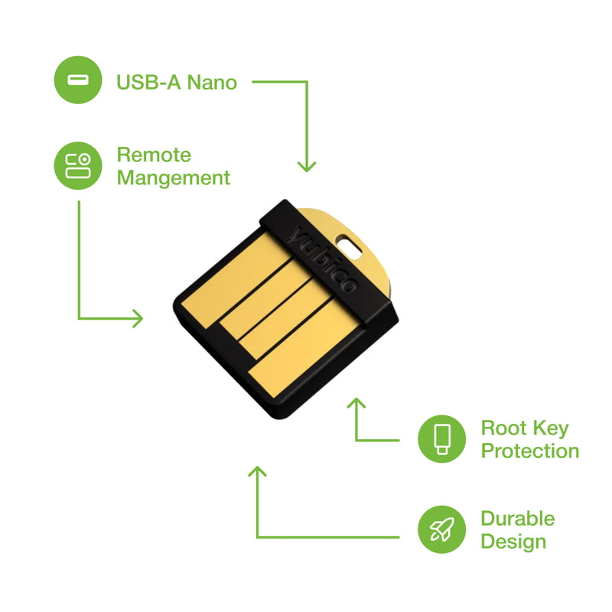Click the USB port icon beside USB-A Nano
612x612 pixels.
pos(78,80)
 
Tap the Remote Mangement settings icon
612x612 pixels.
pos(78,165)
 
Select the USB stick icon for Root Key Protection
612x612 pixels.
pos(442,438)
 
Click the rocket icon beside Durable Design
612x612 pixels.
pos(442,529)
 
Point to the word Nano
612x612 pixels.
pos(212,83)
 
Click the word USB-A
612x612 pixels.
pos(148,83)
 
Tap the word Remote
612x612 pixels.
pos(154,155)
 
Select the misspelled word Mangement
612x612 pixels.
pos(174,178)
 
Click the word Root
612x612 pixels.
pos(503,428)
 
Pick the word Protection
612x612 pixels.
pos(530,451)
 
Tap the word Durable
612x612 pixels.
pos(518,519)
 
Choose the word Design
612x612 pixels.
pos(513,542)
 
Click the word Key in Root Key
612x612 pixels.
pos(551,429)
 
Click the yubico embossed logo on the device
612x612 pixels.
pos(321,259)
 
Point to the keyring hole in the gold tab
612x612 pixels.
pos(350,246)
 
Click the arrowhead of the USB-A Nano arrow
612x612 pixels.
pos(307,167)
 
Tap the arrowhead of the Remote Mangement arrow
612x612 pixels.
pos(138,318)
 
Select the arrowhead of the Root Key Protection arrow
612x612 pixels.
pos(356,403)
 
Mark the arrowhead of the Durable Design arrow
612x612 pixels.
pos(257,471)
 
